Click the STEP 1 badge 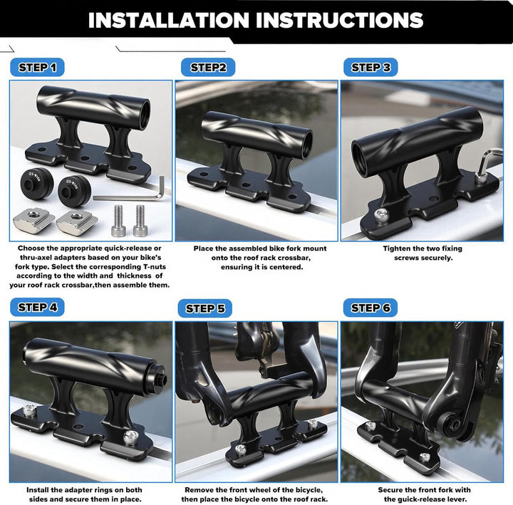pyautogui.click(x=37, y=68)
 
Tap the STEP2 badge pyautogui.click(x=208, y=68)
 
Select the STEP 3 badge pyautogui.click(x=370, y=68)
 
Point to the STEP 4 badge pyautogui.click(x=37, y=307)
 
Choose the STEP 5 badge pyautogui.click(x=204, y=308)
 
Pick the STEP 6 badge pyautogui.click(x=370, y=308)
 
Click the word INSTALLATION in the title pyautogui.click(x=169, y=20)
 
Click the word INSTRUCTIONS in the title pyautogui.click(x=340, y=20)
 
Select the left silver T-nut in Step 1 pyautogui.click(x=33, y=219)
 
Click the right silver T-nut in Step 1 pyautogui.click(x=77, y=221)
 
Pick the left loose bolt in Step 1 pyautogui.click(x=118, y=221)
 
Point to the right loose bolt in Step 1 pyautogui.click(x=140, y=221)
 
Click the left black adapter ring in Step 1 pyautogui.click(x=37, y=183)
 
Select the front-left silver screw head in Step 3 pyautogui.click(x=381, y=215)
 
